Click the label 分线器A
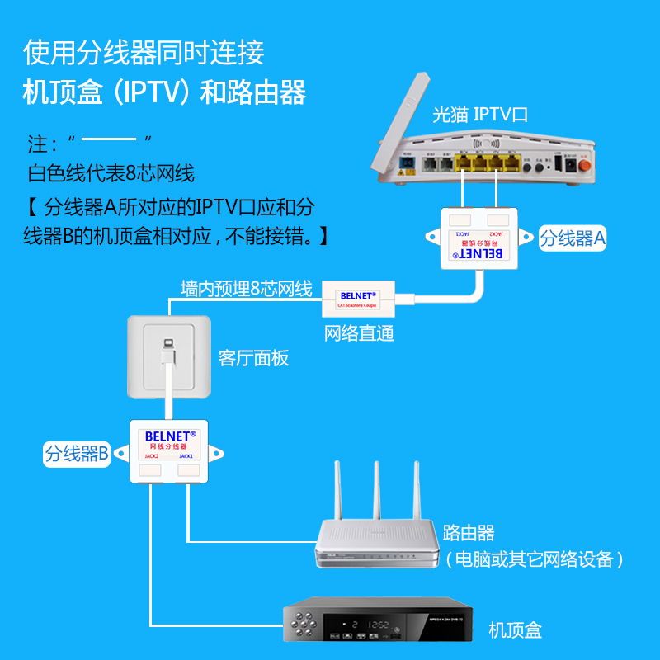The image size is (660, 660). tap(573, 238)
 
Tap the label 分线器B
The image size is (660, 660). tap(77, 453)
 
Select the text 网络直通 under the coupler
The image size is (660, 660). tap(359, 333)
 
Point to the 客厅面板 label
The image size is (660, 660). tap(253, 357)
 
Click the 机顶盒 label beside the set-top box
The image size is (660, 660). tap(515, 630)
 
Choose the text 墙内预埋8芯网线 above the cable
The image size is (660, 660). tap(246, 289)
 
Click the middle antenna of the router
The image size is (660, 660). tap(375, 492)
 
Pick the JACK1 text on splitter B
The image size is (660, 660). tap(186, 455)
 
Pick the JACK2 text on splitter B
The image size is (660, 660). tap(151, 455)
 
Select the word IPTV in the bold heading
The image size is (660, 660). tap(146, 92)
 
